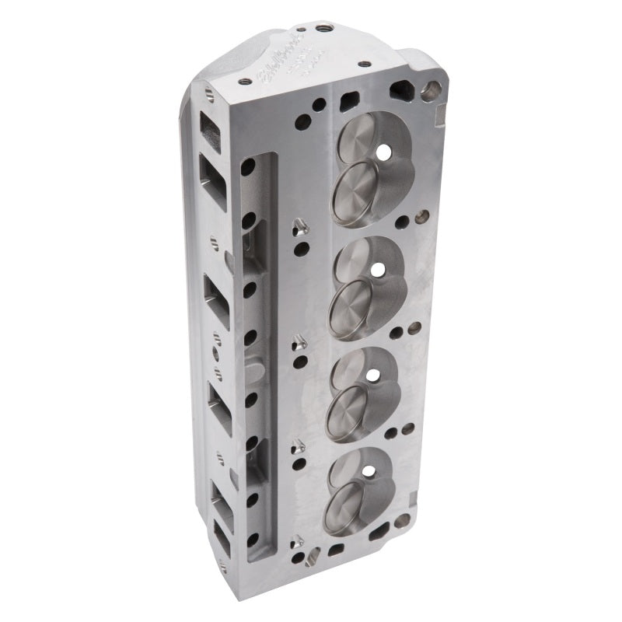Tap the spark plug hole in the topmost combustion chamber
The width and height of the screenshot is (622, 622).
[383, 153]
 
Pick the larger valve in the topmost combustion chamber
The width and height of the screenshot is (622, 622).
[358, 191]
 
